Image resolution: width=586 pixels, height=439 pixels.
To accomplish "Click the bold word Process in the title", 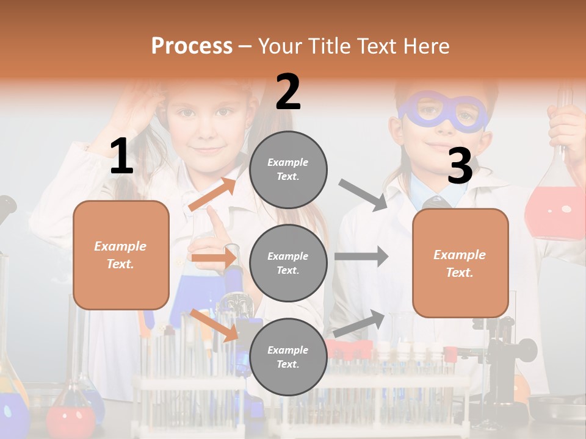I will click(x=192, y=46).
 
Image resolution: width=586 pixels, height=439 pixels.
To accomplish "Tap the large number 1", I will click(x=121, y=157).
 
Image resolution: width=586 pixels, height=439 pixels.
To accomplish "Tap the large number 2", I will click(x=288, y=92).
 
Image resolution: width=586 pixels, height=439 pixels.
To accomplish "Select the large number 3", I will click(x=460, y=166).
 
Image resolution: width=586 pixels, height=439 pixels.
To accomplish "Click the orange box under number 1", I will click(x=121, y=255).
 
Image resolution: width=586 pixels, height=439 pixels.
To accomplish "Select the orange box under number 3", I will click(x=460, y=263).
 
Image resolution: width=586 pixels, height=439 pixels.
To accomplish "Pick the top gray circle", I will click(x=288, y=169).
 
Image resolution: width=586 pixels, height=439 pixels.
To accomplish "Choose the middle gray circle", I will click(x=288, y=263).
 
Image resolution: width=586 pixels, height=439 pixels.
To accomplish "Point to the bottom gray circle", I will click(x=288, y=357).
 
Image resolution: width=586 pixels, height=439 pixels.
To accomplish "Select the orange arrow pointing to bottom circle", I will click(x=214, y=325).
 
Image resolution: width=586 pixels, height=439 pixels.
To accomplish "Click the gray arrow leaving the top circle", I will click(x=363, y=195).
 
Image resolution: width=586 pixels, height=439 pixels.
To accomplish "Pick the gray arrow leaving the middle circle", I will click(x=361, y=257).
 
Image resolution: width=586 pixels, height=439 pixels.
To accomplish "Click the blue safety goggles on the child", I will click(x=444, y=112).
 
